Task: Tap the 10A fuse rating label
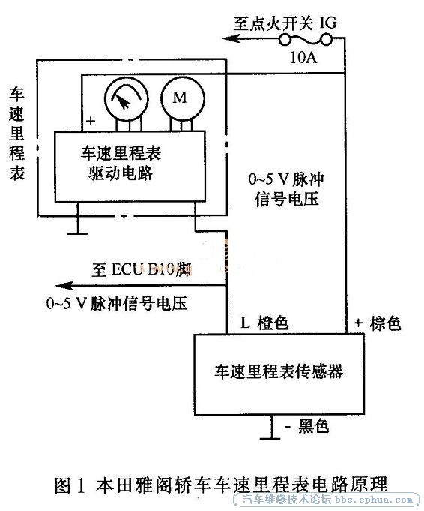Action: (303, 58)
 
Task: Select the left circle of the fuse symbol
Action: (285, 40)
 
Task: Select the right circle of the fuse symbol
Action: (326, 40)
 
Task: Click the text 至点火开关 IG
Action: (285, 23)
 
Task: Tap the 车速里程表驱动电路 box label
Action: (121, 164)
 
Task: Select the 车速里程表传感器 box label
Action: (279, 372)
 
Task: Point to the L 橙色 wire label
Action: (264, 323)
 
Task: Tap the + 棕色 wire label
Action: (378, 323)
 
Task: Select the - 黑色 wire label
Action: (307, 425)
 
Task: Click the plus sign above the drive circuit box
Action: (91, 122)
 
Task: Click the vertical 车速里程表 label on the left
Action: (17, 134)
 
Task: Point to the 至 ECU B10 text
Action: (141, 269)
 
